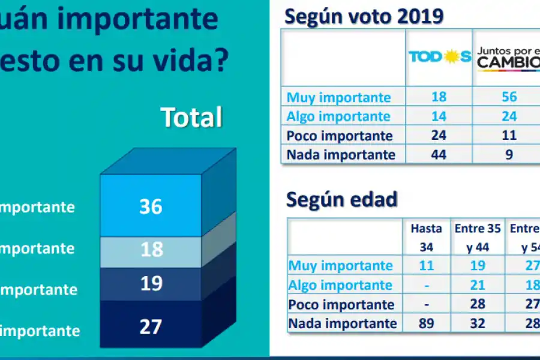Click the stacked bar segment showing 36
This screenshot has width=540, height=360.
[x=151, y=206]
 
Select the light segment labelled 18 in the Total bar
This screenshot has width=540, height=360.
[x=151, y=248]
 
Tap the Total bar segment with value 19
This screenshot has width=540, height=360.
[x=151, y=283]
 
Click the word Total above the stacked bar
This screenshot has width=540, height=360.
[x=191, y=118]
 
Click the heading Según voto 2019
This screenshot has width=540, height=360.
[x=364, y=16]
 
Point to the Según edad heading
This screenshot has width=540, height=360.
[x=341, y=199]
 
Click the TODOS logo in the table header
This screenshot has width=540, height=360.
[x=439, y=57]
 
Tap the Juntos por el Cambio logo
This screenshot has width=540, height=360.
[x=508, y=58]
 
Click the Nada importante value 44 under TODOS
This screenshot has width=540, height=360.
[x=439, y=154]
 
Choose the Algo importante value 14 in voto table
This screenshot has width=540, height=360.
[x=439, y=116]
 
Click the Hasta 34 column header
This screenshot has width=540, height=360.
[x=426, y=237]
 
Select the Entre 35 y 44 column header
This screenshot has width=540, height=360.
[x=477, y=237]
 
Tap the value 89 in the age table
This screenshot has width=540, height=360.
[x=426, y=323]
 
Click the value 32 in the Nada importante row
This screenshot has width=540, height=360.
[x=477, y=323]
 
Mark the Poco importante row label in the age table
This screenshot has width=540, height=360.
[x=341, y=304]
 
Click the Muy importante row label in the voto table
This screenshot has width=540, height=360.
[x=338, y=97]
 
